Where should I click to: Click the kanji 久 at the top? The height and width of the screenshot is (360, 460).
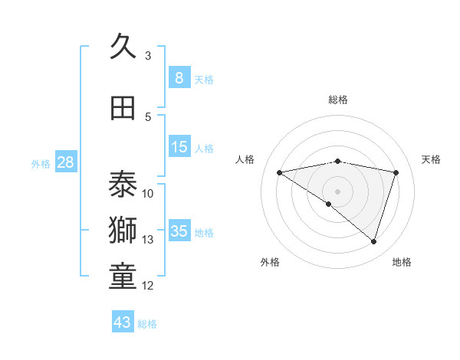click(x=123, y=47)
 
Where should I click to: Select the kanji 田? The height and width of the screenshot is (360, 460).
click(x=123, y=108)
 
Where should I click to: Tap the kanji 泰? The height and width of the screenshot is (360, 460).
click(x=123, y=184)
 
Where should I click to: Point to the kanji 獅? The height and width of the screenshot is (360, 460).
click(x=123, y=231)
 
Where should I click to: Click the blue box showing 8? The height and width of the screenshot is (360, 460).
click(x=179, y=77)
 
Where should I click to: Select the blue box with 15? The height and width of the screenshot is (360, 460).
click(x=179, y=147)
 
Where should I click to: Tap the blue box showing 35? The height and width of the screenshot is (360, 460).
click(x=179, y=231)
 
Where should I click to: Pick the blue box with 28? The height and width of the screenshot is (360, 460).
click(x=65, y=162)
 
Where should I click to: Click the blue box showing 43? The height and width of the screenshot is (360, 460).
click(x=123, y=322)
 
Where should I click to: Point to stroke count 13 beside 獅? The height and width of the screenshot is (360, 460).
click(x=148, y=240)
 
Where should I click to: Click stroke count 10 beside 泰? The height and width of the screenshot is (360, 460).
click(x=148, y=193)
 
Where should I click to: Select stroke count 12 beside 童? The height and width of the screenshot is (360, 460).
click(x=148, y=286)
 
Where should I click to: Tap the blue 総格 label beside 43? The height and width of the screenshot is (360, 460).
click(x=147, y=324)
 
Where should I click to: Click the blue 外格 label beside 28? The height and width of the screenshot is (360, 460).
click(x=41, y=164)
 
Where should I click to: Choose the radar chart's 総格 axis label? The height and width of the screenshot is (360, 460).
click(x=337, y=100)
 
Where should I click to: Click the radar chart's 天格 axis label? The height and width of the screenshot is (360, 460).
click(x=431, y=159)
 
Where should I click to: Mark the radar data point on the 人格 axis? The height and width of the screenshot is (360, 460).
click(x=280, y=172)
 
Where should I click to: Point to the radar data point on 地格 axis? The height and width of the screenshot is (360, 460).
click(x=373, y=241)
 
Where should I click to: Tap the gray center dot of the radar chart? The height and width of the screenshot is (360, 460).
click(x=337, y=191)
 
